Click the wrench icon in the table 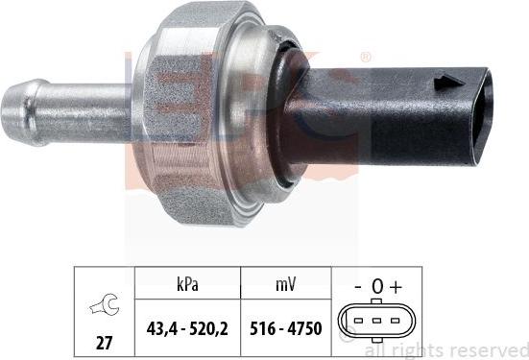[x=100, y=306]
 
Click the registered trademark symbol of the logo [x=365, y=59]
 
